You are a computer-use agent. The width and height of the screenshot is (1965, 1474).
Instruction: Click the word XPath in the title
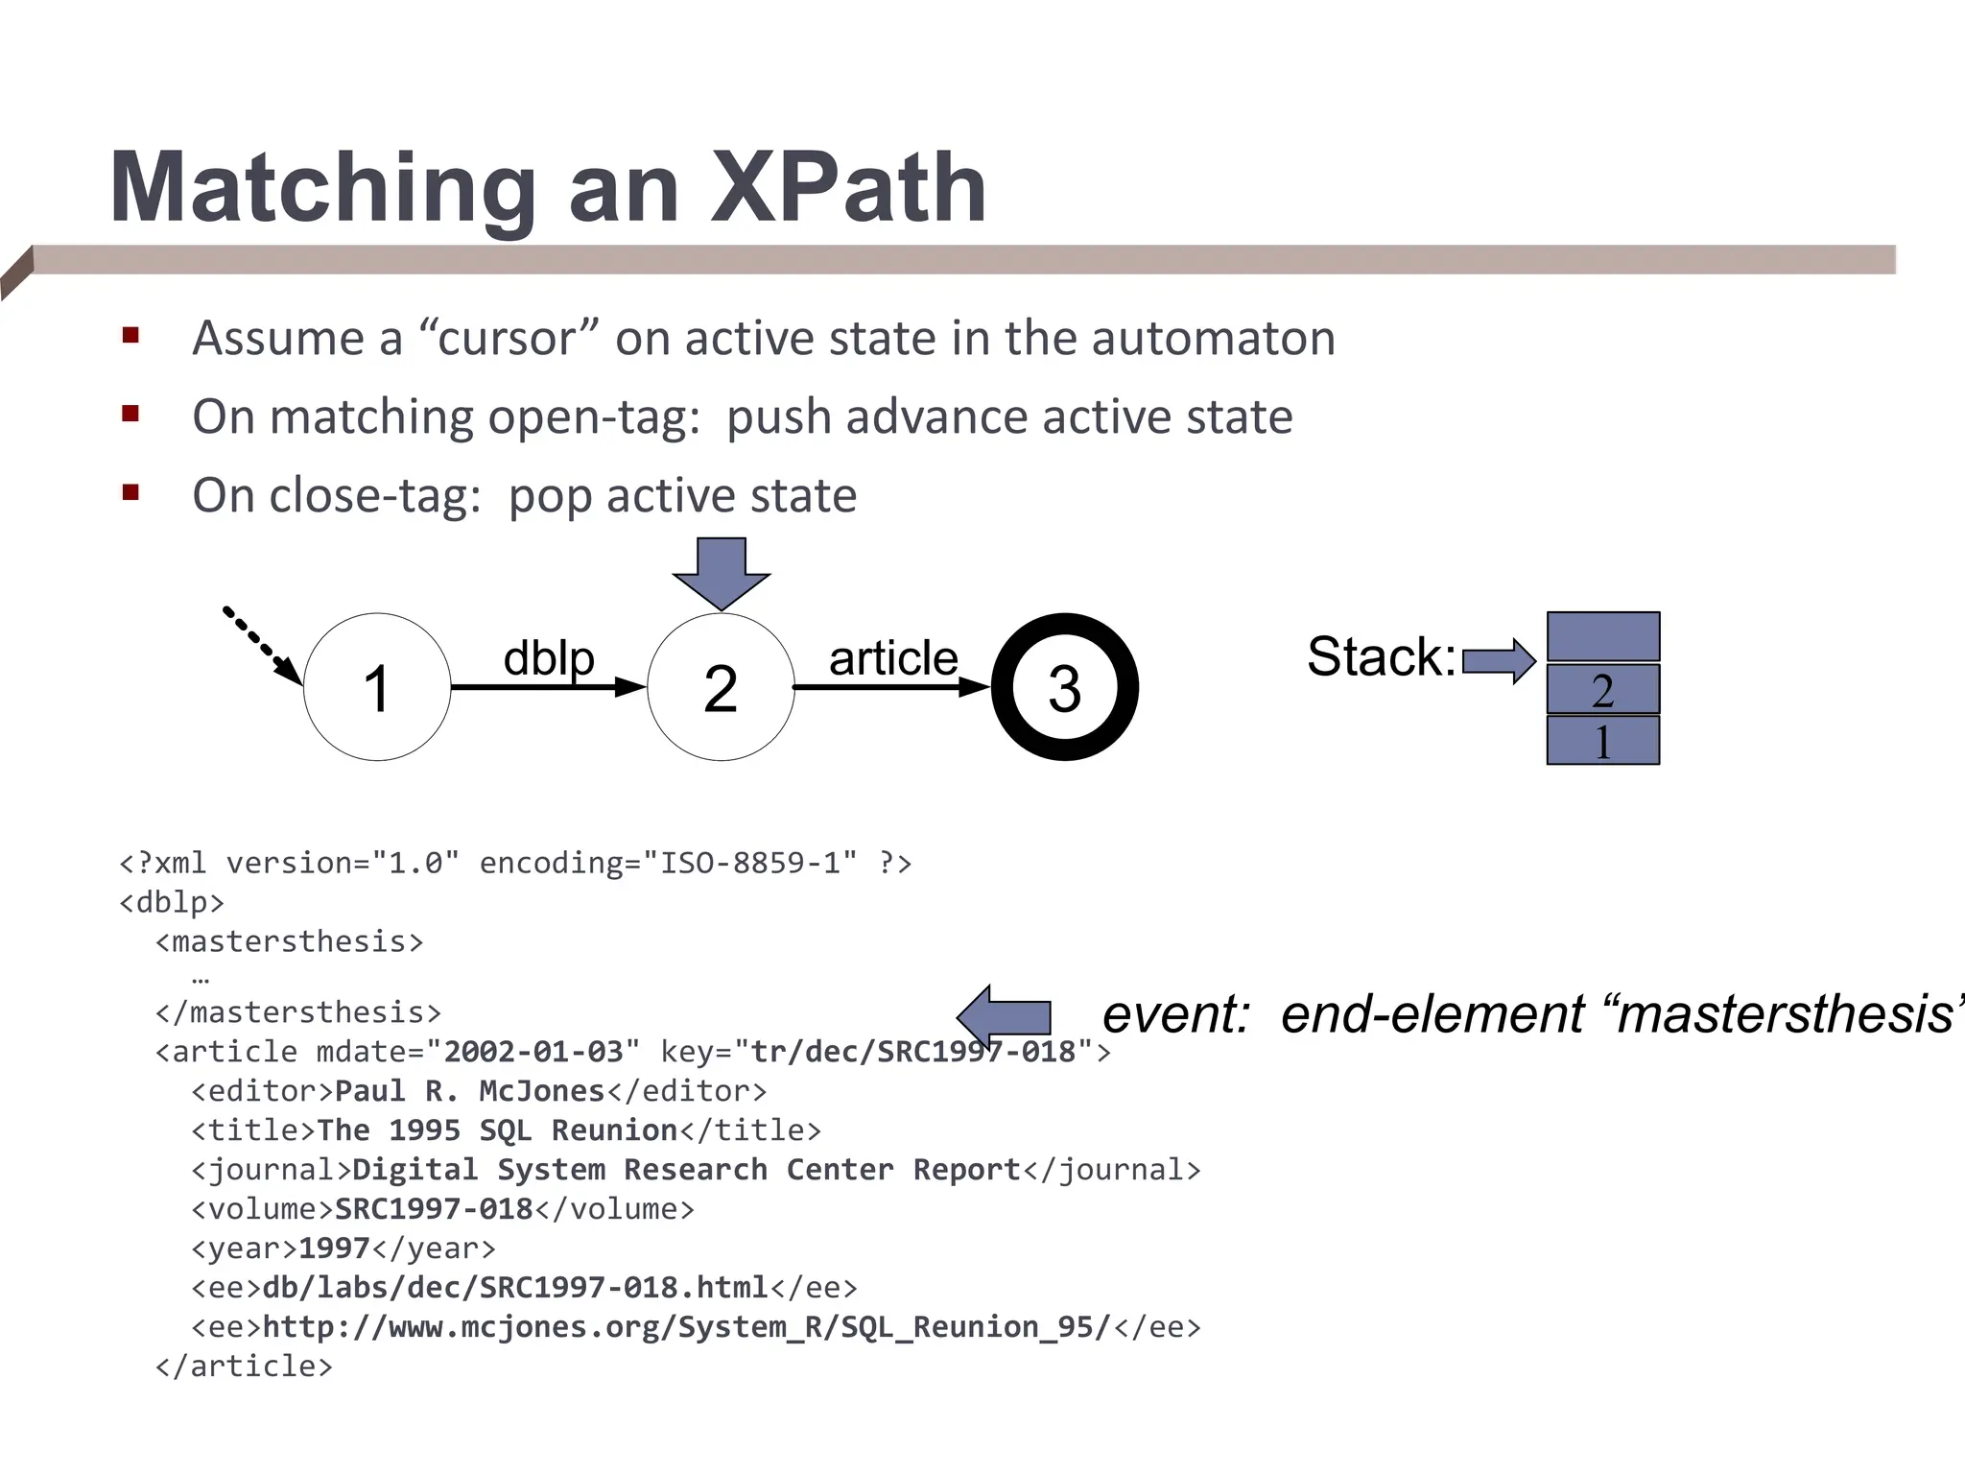[x=848, y=188]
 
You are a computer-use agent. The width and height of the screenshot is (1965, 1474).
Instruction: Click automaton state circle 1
[x=377, y=687]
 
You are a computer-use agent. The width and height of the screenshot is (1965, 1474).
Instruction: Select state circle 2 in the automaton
[x=721, y=687]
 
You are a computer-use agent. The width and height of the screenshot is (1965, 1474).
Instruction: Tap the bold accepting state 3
[x=1064, y=687]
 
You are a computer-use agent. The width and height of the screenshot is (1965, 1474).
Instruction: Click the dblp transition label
[x=549, y=658]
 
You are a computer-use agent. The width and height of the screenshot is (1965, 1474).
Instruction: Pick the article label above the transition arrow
[x=892, y=658]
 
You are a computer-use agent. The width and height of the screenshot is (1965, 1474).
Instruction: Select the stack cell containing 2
[x=1602, y=689]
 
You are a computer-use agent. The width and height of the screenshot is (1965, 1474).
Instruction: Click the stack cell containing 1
[x=1602, y=741]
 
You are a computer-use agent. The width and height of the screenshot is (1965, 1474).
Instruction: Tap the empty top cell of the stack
[x=1602, y=636]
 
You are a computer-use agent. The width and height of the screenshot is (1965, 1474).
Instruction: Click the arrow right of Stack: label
[x=1499, y=660]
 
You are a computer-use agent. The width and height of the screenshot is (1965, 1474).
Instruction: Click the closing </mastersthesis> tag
[x=297, y=1012]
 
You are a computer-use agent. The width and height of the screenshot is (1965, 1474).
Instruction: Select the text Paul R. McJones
[x=470, y=1091]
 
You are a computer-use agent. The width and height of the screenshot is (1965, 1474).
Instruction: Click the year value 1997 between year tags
[x=334, y=1248]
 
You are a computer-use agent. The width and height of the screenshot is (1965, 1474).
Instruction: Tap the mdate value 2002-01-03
[x=533, y=1052]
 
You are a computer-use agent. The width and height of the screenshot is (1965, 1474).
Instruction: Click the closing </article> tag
[x=244, y=1367]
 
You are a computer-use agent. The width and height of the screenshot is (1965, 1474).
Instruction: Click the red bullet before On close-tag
[x=131, y=493]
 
